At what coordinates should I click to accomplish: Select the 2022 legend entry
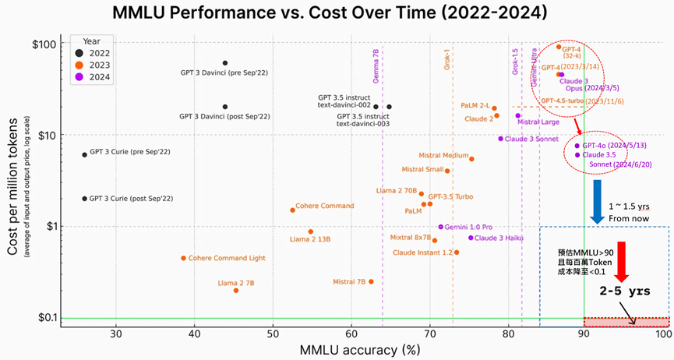95,52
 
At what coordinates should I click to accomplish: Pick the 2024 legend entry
95,77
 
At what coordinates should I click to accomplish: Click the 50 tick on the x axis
273,334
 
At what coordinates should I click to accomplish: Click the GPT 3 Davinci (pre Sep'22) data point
225,63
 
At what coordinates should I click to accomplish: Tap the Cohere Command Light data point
184,258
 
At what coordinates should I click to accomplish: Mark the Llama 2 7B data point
236,291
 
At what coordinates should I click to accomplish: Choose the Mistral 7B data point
371,281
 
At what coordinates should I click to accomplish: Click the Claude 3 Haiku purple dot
471,238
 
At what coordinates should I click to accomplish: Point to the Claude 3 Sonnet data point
501,139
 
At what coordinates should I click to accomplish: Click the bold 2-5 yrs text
623,291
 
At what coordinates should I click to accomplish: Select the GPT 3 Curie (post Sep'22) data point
85,199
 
